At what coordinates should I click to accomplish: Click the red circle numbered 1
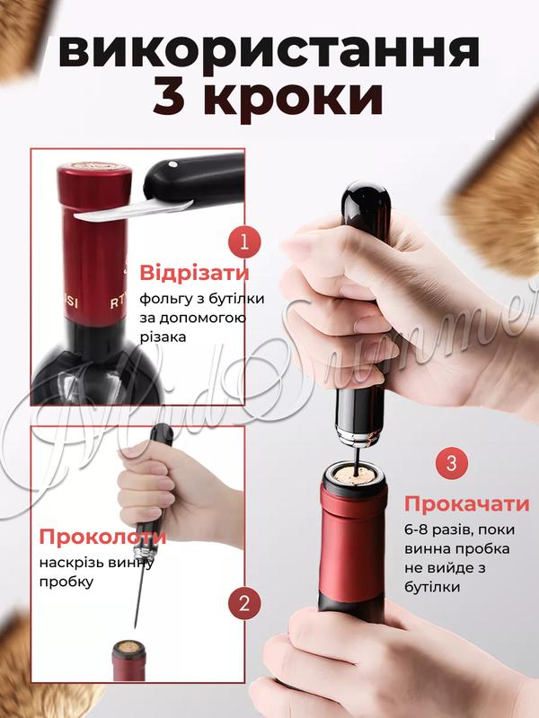244,242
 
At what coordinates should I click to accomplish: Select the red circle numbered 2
244,603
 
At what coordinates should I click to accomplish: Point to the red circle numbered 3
452,463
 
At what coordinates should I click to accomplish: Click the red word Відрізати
194,274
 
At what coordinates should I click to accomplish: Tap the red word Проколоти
102,537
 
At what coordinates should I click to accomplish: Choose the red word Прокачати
466,504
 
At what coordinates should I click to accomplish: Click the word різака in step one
163,337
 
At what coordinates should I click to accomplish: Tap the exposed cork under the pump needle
353,474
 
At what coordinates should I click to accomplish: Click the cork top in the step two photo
128,646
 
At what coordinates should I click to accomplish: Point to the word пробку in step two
66,582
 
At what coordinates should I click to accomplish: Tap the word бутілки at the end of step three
432,588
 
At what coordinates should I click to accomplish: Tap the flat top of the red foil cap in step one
94,167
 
